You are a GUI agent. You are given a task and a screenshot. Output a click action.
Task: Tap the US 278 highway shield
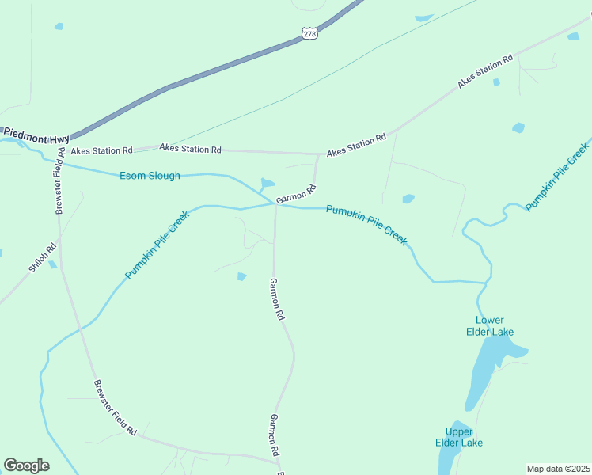coord(309,33)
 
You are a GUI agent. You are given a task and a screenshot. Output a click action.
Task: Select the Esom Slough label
coord(150,176)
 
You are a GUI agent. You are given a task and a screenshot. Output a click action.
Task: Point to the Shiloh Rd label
coord(43,257)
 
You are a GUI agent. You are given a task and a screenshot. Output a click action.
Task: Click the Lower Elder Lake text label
coord(489,325)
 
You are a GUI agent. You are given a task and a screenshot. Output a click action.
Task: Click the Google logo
coord(26,465)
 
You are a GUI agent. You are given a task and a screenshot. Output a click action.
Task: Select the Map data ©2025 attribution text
coord(558,469)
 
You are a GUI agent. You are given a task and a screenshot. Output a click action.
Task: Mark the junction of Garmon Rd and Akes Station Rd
coord(318,154)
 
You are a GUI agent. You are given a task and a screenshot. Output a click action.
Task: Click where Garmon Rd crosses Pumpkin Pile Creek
coord(275,204)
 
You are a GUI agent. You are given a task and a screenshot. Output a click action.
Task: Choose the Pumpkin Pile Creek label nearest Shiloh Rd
coord(157,245)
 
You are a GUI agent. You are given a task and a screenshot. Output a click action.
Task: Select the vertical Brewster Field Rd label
coord(59,180)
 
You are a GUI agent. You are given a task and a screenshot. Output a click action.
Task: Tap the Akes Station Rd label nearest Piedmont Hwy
coord(101,150)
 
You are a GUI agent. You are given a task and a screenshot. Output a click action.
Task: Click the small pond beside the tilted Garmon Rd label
coord(267,183)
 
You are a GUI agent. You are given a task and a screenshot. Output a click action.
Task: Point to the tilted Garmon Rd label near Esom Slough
coord(296,193)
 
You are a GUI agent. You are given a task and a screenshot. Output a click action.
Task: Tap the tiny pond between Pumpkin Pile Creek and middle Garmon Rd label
coord(241,276)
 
